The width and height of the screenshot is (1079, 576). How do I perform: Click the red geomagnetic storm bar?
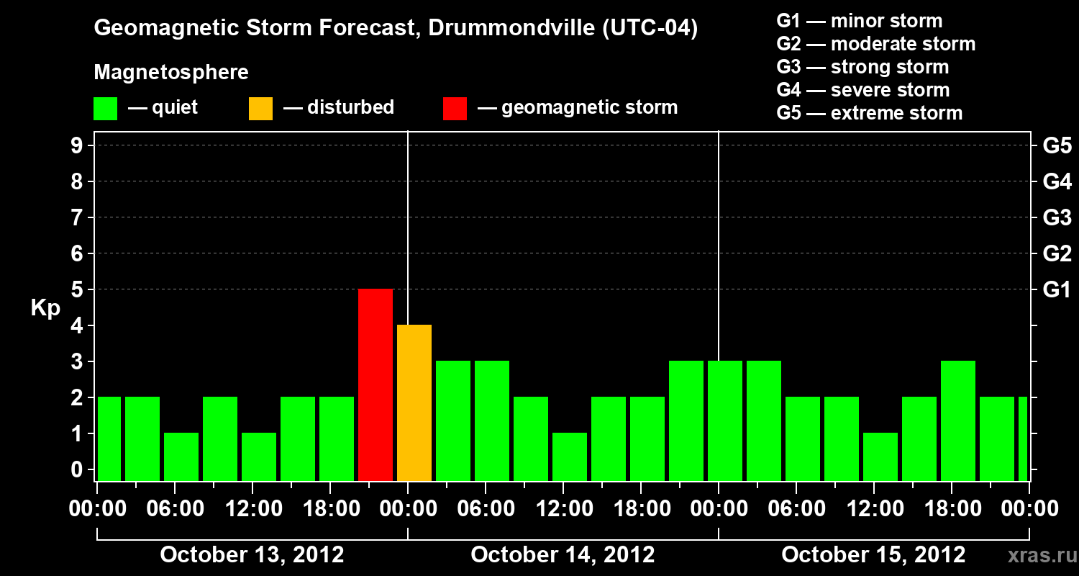(375, 384)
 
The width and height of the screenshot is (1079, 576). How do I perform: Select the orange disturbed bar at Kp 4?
(414, 402)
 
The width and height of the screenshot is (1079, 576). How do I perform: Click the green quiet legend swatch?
(106, 108)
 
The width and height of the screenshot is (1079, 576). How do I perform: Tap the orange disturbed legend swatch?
(260, 108)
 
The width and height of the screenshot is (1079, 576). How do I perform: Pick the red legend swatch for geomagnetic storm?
(455, 108)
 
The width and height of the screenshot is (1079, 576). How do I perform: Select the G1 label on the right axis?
(1057, 290)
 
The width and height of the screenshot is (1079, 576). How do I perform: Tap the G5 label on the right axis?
(1057, 146)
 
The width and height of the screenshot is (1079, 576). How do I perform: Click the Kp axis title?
(45, 308)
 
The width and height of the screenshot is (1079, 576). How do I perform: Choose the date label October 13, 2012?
(252, 555)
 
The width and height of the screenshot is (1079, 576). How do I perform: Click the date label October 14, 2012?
(563, 555)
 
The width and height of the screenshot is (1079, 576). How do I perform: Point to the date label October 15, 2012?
(873, 555)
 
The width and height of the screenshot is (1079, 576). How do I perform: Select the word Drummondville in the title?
(511, 29)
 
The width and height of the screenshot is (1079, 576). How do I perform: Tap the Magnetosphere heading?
(171, 73)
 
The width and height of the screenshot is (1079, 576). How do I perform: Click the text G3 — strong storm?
(862, 67)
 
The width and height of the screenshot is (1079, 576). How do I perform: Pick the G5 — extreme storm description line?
(869, 113)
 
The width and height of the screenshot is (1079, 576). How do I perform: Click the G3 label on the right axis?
(1057, 218)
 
